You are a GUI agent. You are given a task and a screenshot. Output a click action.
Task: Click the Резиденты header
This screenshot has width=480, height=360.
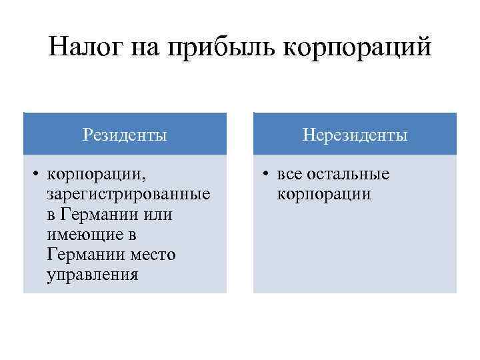point(125,135)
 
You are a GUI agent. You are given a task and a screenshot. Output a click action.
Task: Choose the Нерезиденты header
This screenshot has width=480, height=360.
point(355,135)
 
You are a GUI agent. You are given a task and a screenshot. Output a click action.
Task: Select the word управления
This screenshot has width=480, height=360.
point(93,275)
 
